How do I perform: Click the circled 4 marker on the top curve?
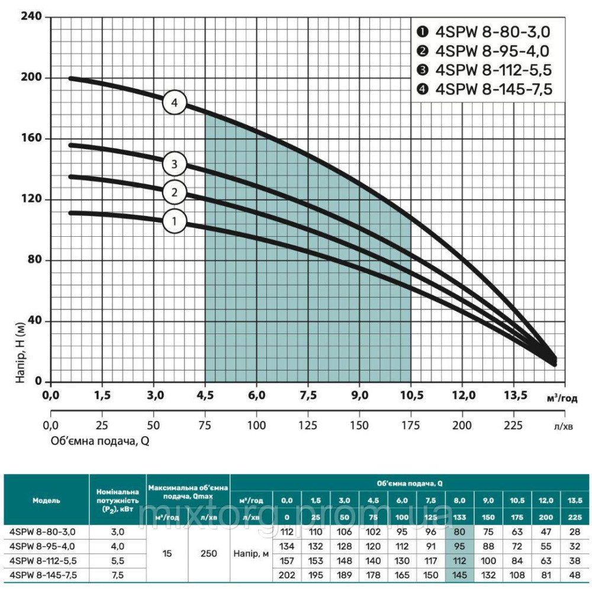tap(175, 102)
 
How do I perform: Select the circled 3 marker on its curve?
tap(175, 163)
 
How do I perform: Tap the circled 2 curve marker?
tap(175, 192)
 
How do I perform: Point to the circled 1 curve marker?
tap(175, 222)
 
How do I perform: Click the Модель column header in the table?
tap(46, 500)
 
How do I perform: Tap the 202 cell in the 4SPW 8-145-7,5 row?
tap(287, 574)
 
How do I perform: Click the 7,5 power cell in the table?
tap(117, 574)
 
